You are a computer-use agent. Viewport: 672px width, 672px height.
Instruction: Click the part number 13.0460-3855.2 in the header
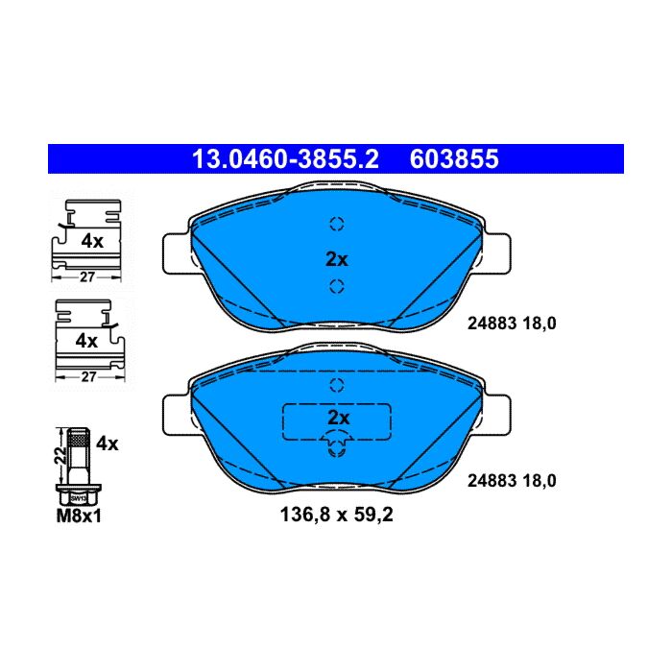click(285, 159)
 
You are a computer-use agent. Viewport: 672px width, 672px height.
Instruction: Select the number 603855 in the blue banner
click(454, 159)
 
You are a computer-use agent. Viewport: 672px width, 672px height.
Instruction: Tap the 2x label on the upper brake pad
click(337, 259)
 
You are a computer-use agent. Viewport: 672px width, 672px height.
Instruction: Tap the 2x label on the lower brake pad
click(339, 418)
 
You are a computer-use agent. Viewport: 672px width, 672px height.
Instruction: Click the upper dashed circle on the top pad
click(337, 224)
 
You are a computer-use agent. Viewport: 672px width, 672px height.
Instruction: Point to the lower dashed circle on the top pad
click(337, 286)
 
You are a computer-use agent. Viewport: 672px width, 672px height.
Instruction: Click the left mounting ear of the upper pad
click(176, 253)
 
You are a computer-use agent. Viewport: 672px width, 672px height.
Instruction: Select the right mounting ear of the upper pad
click(497, 253)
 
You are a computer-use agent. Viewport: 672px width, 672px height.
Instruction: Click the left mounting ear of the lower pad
click(176, 415)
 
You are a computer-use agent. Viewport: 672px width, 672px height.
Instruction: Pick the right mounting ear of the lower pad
click(497, 415)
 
